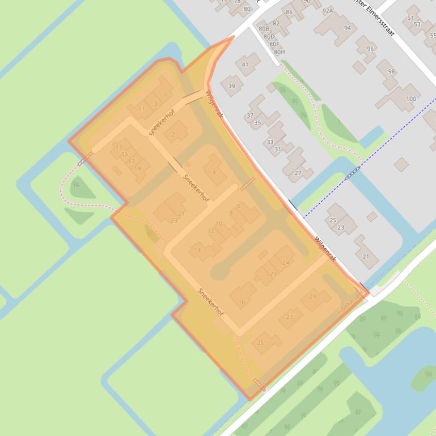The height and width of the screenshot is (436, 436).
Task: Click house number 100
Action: point(411,99)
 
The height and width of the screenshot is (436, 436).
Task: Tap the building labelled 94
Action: point(347,28)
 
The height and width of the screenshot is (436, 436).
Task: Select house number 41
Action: point(245,65)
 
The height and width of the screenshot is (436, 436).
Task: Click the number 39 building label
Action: point(231,86)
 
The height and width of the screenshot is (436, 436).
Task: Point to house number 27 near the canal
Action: point(298,173)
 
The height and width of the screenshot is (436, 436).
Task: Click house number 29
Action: point(312,297)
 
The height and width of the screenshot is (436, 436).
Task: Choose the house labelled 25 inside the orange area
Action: point(261,343)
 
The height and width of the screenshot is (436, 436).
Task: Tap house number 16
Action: point(242,302)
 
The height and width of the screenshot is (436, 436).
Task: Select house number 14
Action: point(197,250)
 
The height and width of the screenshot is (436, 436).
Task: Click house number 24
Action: point(286,262)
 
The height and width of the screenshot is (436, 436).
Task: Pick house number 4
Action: point(214,172)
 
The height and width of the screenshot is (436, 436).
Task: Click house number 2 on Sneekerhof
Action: point(173,134)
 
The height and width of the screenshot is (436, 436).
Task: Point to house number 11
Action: point(141,108)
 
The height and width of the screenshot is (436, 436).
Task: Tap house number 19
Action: point(137,168)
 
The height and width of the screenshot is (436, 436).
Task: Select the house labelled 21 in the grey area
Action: point(366,257)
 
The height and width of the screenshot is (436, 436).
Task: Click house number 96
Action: point(370,49)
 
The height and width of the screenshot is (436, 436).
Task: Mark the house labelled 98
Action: point(391,71)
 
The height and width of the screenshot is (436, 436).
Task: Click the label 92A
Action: point(328,10)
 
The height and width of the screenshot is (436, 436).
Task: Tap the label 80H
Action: point(279,52)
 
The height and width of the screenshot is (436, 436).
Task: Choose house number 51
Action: point(410,18)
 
